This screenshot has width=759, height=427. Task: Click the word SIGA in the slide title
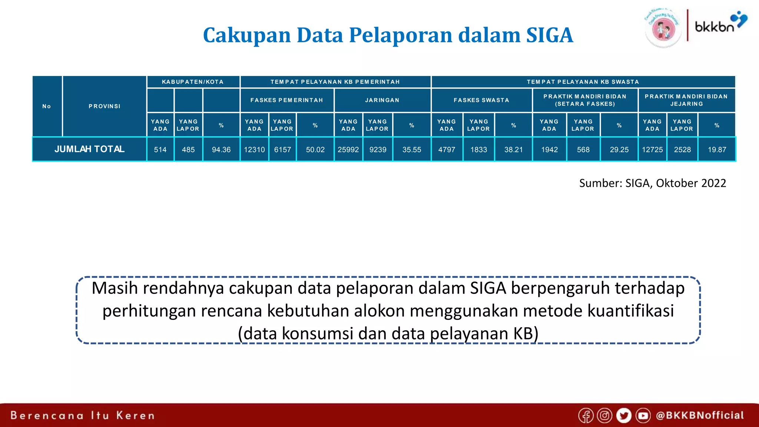click(x=550, y=35)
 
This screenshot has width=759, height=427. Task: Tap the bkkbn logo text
click(x=714, y=27)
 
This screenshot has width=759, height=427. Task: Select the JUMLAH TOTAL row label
click(x=89, y=149)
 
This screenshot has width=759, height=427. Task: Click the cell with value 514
click(x=160, y=150)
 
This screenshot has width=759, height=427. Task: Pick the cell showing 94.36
click(x=221, y=150)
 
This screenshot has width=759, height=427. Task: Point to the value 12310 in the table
click(x=254, y=150)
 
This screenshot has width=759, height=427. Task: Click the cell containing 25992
click(x=348, y=150)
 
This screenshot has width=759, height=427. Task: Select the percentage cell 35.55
click(x=412, y=150)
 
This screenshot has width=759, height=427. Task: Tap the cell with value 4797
click(x=447, y=150)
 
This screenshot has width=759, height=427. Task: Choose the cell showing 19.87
click(x=717, y=150)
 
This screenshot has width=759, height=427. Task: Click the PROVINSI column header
click(x=105, y=106)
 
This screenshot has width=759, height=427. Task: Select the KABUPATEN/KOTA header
click(x=193, y=82)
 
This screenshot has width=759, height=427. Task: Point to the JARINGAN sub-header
click(x=382, y=100)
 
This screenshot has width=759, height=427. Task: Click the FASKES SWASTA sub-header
click(x=481, y=100)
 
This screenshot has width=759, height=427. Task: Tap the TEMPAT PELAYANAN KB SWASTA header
click(x=583, y=82)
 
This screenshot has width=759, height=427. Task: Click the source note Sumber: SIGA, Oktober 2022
click(x=652, y=183)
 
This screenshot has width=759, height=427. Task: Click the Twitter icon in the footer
click(x=624, y=416)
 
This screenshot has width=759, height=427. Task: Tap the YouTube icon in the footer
click(x=643, y=416)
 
